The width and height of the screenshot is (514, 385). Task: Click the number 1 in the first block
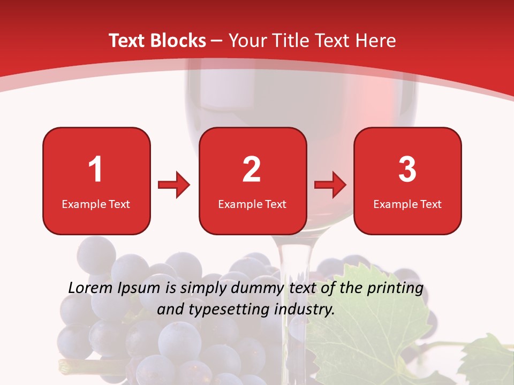tap(96, 170)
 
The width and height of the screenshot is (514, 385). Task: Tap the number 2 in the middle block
tap(252, 170)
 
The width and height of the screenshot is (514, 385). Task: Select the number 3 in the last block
tap(407, 170)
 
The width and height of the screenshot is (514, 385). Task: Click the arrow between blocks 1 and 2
tap(174, 185)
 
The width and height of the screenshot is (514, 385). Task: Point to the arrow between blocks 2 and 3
tap(330, 185)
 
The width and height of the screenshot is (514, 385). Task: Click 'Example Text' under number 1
tap(96, 204)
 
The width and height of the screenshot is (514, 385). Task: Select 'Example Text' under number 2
tap(252, 204)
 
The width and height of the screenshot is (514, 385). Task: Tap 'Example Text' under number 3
tap(407, 204)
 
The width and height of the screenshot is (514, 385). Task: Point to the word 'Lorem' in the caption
tap(91, 288)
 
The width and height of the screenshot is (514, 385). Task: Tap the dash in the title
tap(217, 41)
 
